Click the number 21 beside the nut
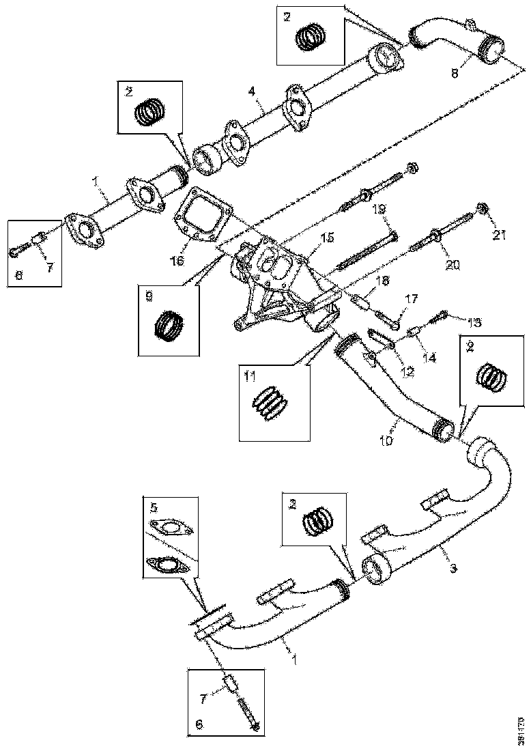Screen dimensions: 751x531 pyautogui.click(x=500, y=236)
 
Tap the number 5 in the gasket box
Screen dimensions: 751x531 pyautogui.click(x=154, y=507)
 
